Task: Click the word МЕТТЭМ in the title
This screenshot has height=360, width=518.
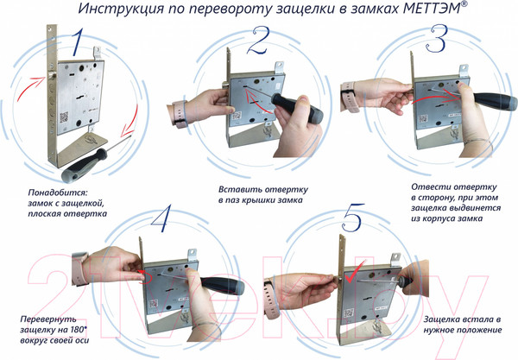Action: point(431,9)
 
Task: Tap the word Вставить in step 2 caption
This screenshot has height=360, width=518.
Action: point(235,189)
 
